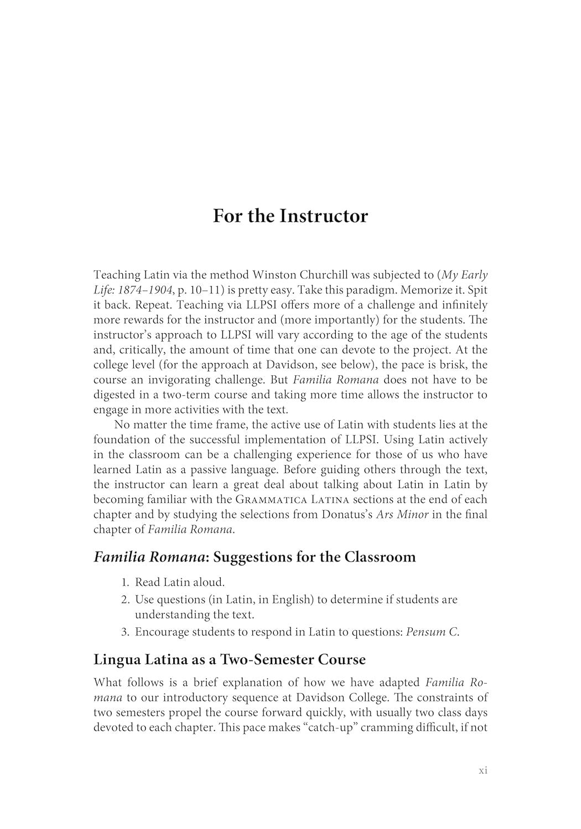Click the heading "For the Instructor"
pos(290,216)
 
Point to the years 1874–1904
pos(147,290)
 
